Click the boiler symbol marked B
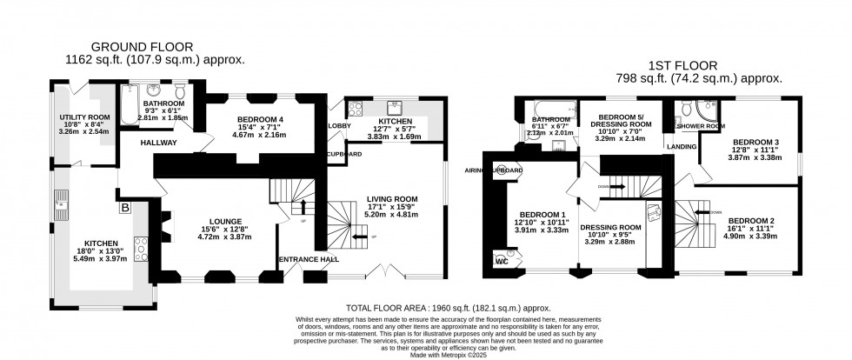(125, 208)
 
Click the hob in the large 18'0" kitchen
(139, 244)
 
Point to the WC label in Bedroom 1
(500, 260)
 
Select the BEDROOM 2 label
(751, 221)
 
